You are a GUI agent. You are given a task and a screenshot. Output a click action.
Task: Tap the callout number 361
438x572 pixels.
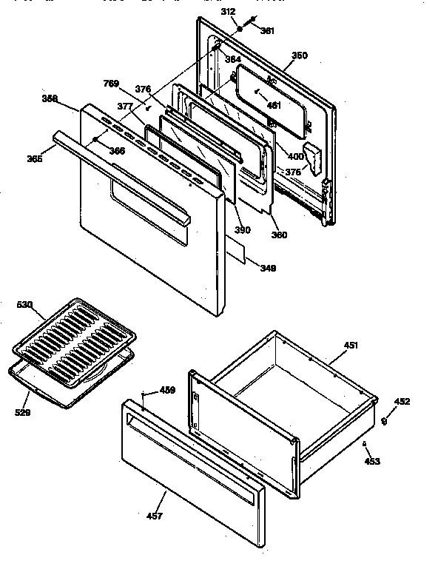tap(267, 31)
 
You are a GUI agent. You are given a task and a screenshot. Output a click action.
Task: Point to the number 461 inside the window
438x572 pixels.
tap(274, 105)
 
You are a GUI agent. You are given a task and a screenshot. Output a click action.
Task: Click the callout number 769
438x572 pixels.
tap(111, 84)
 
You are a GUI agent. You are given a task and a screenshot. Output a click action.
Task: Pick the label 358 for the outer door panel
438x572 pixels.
tap(50, 98)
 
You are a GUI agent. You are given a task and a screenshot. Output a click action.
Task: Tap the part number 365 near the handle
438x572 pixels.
tap(34, 158)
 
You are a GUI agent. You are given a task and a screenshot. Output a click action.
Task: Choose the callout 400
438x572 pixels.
tap(295, 156)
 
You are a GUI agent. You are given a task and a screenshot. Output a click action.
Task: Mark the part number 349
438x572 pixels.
tap(268, 268)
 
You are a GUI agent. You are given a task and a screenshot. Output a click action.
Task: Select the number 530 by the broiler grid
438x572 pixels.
tap(25, 306)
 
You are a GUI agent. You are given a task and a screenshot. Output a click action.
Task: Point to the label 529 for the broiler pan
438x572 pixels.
tap(22, 412)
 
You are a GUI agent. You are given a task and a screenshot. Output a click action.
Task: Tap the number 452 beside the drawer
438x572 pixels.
tap(402, 402)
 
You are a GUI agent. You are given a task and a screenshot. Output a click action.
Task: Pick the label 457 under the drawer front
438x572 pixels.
tap(155, 515)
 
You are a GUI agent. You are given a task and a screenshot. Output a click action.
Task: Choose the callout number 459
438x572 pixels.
tap(168, 390)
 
